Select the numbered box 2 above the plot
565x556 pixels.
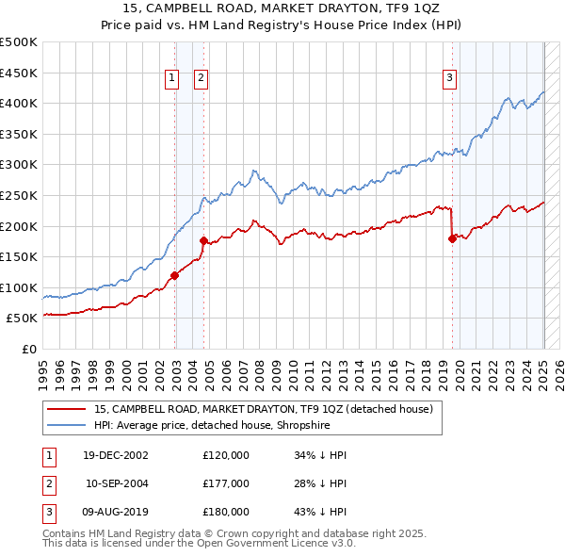202,78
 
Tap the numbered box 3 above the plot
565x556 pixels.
450,78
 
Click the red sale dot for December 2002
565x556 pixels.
174,275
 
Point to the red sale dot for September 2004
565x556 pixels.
203,240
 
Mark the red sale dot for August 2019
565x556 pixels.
452,238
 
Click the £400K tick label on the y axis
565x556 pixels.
19,103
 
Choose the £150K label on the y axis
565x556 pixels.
19,256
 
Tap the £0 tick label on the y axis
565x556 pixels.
28,349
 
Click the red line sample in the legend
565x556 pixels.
65,409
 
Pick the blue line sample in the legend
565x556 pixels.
65,425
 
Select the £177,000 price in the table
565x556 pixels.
226,483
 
